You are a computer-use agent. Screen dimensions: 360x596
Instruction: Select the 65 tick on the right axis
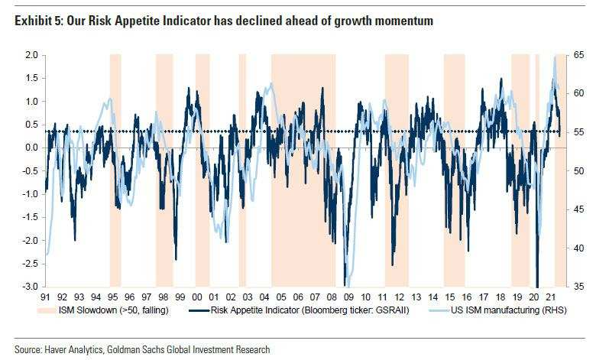[579, 55]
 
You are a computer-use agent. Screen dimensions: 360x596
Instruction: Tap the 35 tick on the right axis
[579, 287]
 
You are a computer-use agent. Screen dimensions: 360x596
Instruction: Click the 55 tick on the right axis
[579, 132]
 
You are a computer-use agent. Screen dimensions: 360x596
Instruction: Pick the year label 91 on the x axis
[46, 296]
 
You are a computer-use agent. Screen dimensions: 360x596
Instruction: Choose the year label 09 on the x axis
[348, 296]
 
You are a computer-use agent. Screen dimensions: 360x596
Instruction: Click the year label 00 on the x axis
[197, 296]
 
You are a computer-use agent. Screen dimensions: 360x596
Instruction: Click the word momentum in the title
[403, 21]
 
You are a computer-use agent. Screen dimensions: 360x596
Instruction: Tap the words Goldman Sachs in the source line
[153, 349]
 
